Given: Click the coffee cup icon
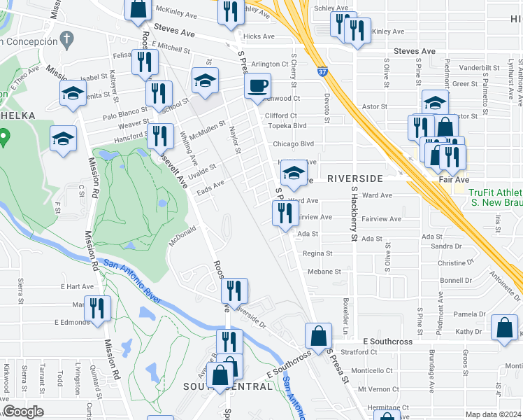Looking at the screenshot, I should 257,85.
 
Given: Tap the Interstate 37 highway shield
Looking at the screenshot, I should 320,71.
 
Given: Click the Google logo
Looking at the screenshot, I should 23,412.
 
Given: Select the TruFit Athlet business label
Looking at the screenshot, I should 494,192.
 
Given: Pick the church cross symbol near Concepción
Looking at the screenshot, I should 66,38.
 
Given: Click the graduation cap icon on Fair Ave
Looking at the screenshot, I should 294,172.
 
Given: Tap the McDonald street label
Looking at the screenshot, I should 181,239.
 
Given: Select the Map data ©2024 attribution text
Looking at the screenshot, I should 494,414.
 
